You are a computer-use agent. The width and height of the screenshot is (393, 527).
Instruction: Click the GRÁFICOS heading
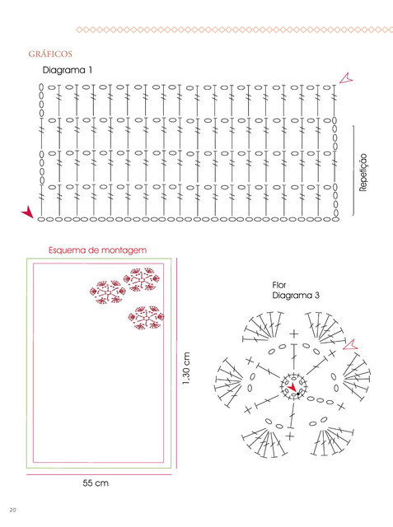(x=50, y=54)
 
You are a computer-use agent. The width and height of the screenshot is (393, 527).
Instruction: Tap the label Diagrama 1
(x=68, y=70)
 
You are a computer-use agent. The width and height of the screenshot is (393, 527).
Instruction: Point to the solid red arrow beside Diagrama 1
(x=27, y=212)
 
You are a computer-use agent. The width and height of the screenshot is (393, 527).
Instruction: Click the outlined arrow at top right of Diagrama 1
(x=345, y=79)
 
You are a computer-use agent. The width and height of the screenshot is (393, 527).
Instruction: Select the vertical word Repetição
(x=363, y=172)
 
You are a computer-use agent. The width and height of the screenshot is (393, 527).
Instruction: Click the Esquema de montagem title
(x=97, y=250)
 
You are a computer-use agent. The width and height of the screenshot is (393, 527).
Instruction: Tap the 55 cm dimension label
(x=96, y=483)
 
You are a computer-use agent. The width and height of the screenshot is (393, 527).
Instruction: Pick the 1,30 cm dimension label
(x=186, y=368)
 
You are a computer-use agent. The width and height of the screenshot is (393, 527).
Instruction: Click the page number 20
(x=12, y=510)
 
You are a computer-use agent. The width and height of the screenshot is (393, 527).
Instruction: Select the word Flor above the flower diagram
(x=279, y=286)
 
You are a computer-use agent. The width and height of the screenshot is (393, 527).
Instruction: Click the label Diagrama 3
(x=296, y=296)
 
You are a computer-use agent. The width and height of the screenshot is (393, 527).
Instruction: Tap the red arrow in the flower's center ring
(x=292, y=387)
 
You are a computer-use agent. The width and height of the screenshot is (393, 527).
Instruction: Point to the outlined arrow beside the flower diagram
(x=350, y=344)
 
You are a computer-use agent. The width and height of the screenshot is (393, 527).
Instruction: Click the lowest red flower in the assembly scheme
(x=146, y=317)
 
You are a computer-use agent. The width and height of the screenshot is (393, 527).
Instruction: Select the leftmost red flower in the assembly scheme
(x=108, y=292)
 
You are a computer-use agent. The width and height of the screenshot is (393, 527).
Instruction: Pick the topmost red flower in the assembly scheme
(x=141, y=279)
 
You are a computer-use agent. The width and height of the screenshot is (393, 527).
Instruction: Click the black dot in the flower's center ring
(x=298, y=394)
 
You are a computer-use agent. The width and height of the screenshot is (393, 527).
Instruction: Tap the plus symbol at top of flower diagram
(x=294, y=333)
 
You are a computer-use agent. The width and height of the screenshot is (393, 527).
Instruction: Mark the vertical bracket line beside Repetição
(x=353, y=170)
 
